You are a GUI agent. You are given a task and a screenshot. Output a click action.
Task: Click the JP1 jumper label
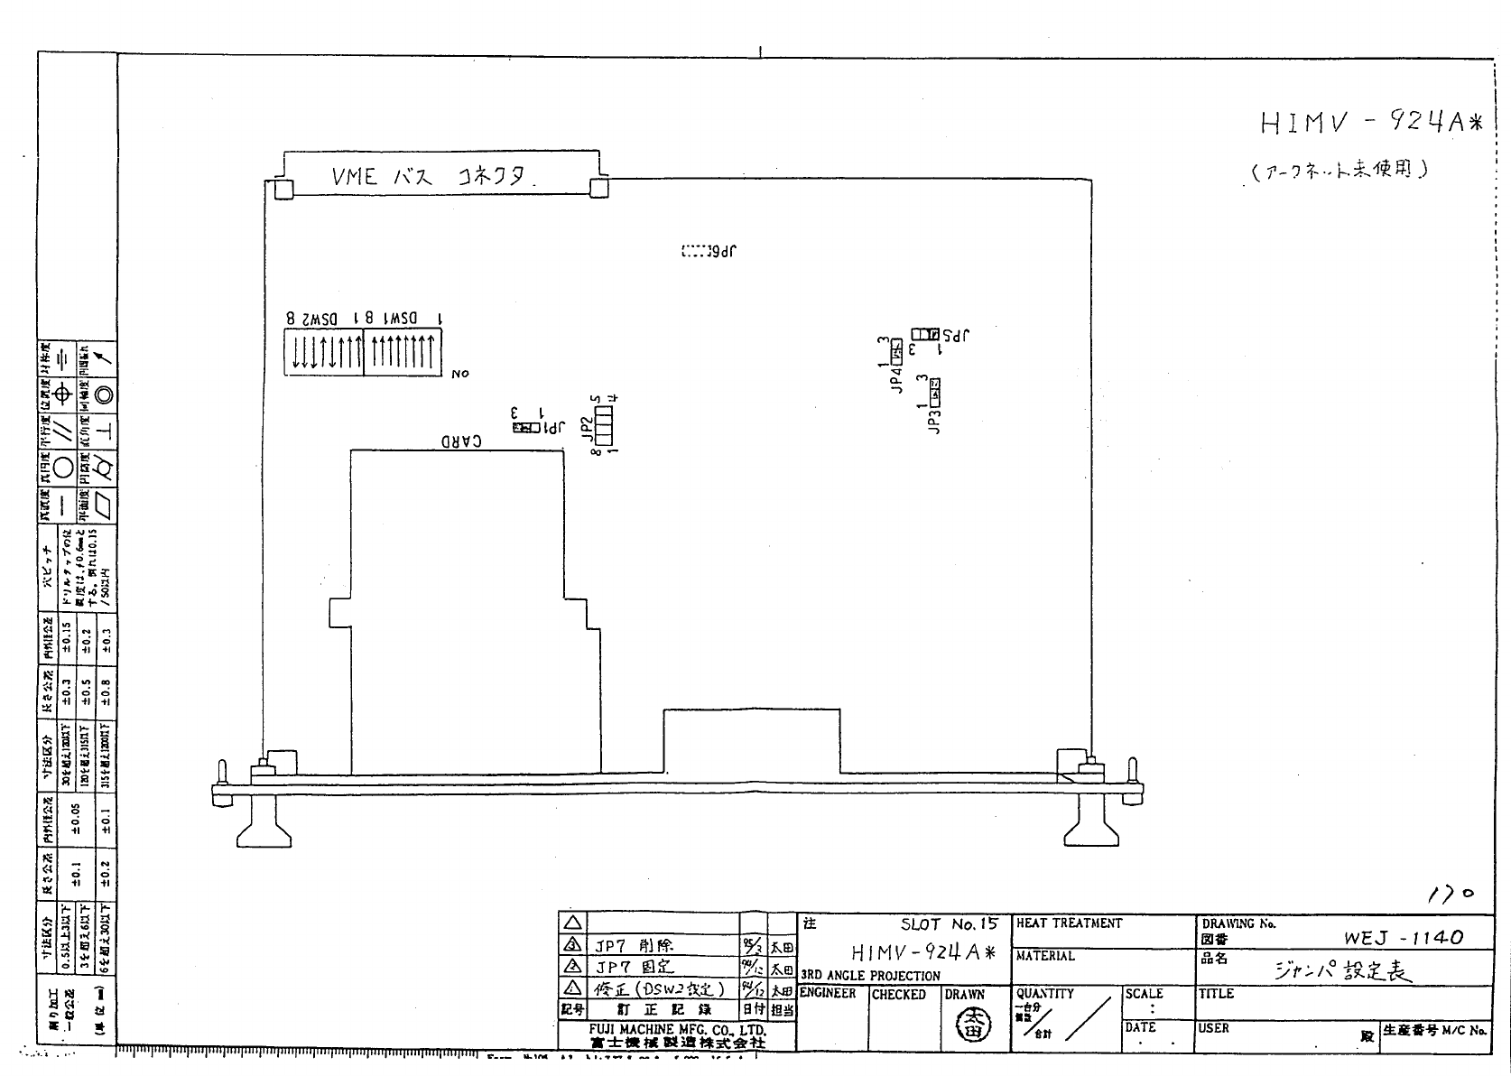[551, 428]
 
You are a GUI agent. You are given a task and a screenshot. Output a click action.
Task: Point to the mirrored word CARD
[460, 441]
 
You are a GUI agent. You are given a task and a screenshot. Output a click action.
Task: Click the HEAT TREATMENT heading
[1069, 923]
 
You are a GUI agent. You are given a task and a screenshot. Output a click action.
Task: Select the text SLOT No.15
[949, 924]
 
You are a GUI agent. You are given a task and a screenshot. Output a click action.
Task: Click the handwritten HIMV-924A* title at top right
[1370, 123]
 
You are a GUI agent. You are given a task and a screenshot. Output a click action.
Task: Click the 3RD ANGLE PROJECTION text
[870, 976]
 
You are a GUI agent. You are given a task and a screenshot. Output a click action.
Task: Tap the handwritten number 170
[1451, 893]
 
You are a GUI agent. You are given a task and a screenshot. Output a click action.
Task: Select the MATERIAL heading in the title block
[1045, 956]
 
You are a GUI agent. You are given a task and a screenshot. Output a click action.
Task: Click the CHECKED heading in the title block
[898, 995]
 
